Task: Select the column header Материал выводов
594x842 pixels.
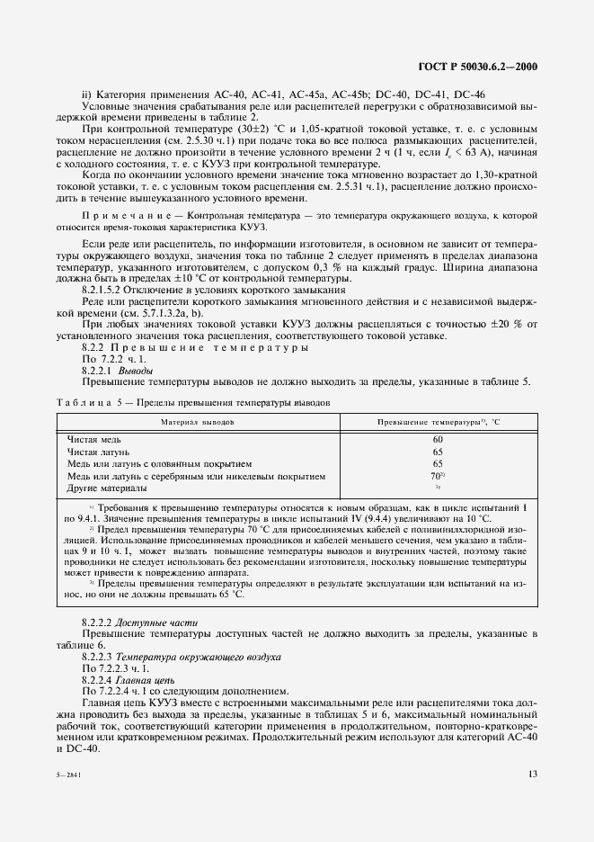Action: pos(198,421)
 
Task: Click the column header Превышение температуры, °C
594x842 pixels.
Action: pos(438,421)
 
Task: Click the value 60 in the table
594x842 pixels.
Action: pos(438,439)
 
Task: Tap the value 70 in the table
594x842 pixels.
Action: pos(437,476)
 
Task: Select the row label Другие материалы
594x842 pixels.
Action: pos(108,488)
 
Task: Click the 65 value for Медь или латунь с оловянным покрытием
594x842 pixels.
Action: pos(438,463)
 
